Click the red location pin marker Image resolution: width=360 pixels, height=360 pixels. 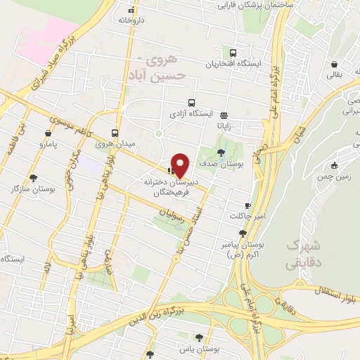[x=181, y=165]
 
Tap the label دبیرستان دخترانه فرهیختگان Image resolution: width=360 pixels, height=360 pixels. [x=173, y=185]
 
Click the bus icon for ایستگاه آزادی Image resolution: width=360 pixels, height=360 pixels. [x=191, y=102]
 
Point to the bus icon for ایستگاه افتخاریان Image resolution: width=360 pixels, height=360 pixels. [x=233, y=52]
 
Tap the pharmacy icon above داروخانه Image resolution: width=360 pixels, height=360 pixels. [x=130, y=10]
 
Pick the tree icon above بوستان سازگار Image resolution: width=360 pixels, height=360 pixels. [x=33, y=178]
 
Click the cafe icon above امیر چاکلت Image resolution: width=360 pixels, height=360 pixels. [x=247, y=205]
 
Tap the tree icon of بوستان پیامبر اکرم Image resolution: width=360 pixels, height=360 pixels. [x=243, y=233]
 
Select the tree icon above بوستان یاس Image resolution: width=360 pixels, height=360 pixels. [x=200, y=337]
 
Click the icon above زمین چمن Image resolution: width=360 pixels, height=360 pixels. [x=329, y=167]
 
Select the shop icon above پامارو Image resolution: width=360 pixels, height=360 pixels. [x=47, y=132]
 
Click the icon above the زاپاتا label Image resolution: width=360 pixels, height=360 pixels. [x=224, y=115]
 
